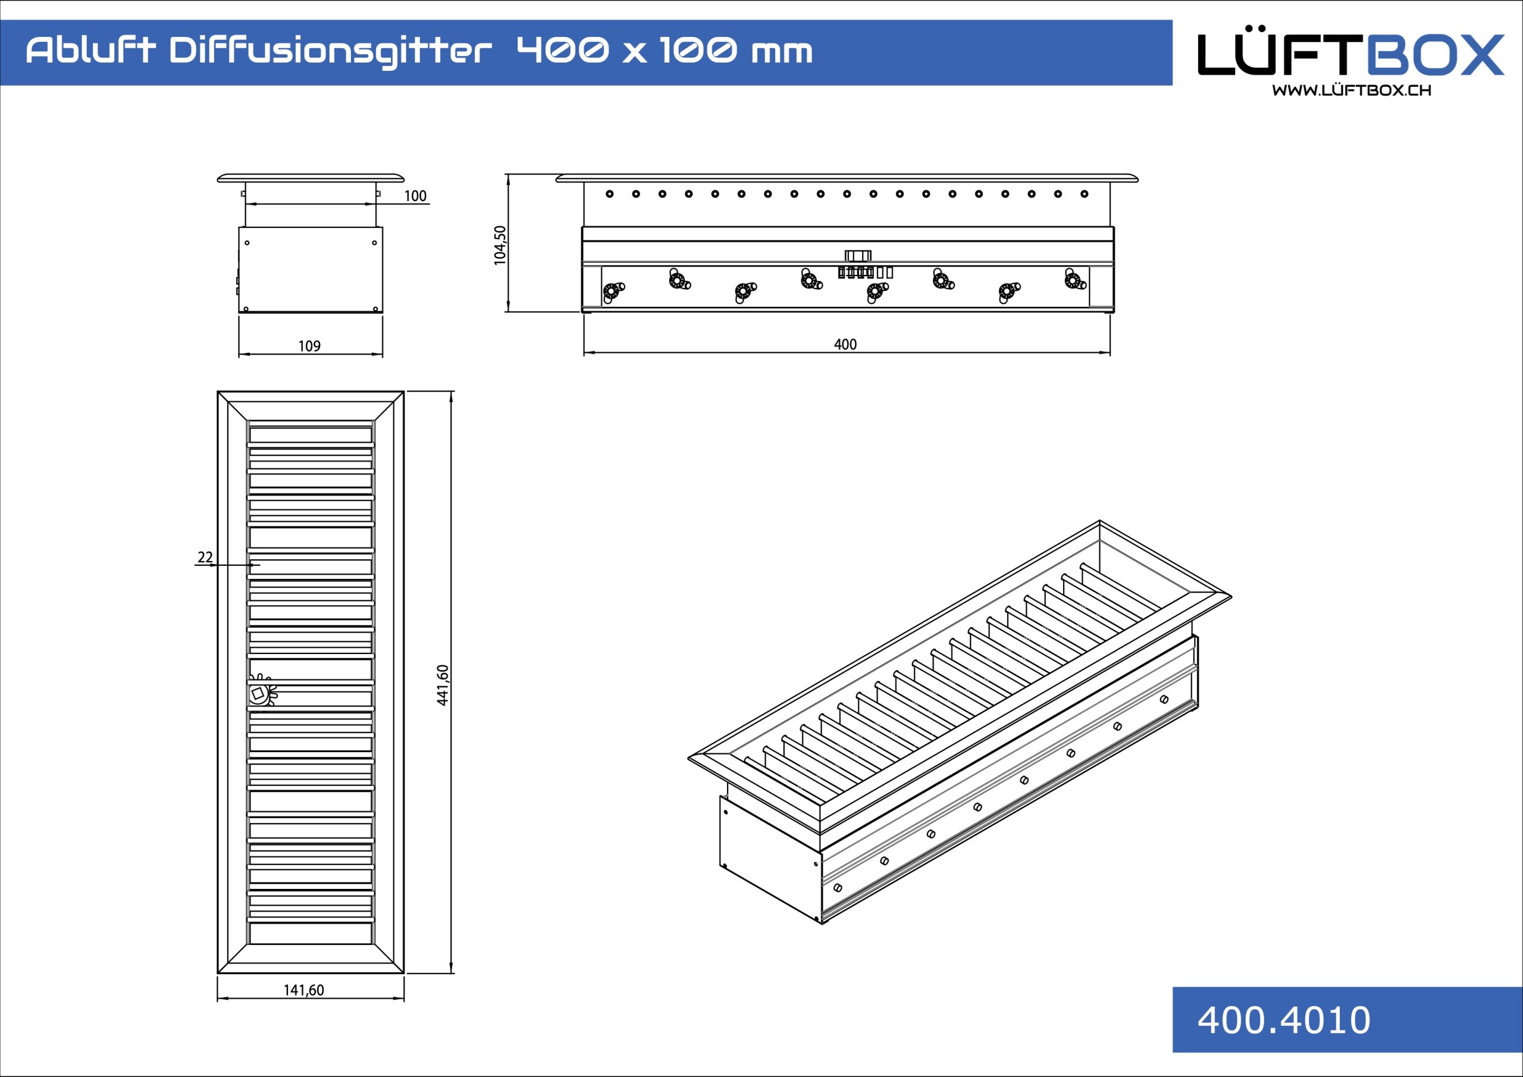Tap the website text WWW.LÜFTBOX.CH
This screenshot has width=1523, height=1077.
click(1351, 90)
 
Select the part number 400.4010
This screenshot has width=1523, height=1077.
click(1283, 1020)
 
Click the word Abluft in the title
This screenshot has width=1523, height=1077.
click(90, 51)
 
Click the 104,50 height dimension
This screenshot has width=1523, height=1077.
click(500, 245)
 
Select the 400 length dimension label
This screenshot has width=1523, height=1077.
click(845, 345)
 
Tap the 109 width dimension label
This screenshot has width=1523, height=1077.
click(309, 346)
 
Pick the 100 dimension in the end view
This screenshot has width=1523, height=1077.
click(415, 196)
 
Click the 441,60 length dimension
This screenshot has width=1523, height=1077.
click(443, 685)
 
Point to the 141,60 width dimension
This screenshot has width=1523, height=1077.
click(304, 990)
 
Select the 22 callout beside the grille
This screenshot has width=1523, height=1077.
click(205, 557)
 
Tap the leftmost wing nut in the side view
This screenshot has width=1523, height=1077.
click(612, 292)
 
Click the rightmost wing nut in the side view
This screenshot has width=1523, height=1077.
click(1074, 280)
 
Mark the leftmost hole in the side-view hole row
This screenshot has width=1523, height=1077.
click(610, 194)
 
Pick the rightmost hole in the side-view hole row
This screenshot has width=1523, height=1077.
click(1085, 194)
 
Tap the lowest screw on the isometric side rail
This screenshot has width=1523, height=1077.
click(837, 887)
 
